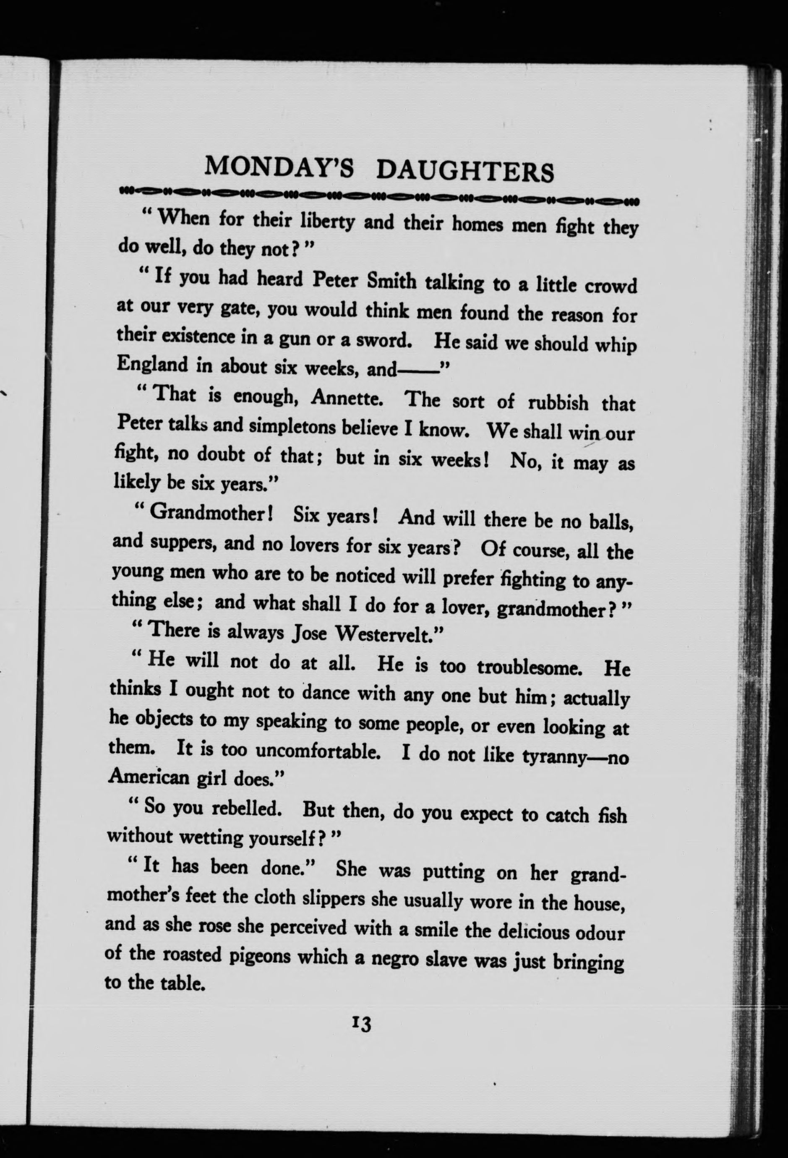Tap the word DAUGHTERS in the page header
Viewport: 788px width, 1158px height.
click(465, 171)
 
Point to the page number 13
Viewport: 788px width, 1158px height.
click(361, 1025)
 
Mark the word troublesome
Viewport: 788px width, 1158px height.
click(530, 667)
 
